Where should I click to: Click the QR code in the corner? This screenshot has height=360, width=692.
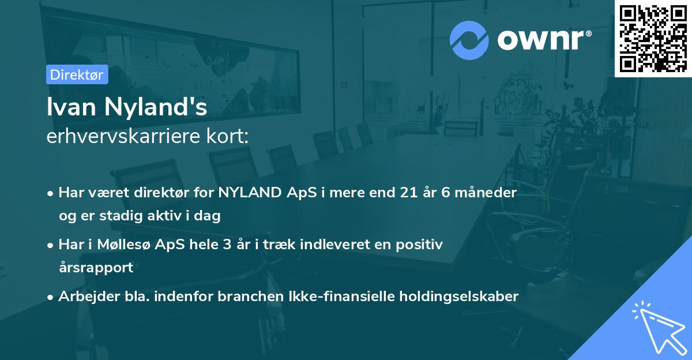point(653,39)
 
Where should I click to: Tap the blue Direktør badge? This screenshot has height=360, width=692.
point(77,74)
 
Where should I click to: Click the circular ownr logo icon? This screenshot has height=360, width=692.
point(469,40)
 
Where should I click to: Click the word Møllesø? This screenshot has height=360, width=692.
point(149,245)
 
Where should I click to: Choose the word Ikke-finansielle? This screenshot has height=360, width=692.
point(340,297)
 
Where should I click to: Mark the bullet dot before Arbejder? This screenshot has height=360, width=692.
point(51,297)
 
